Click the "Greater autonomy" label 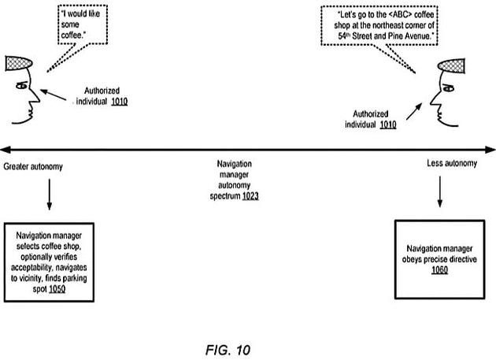(34, 167)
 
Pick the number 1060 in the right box (439, 270)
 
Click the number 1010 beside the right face (385, 124)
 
